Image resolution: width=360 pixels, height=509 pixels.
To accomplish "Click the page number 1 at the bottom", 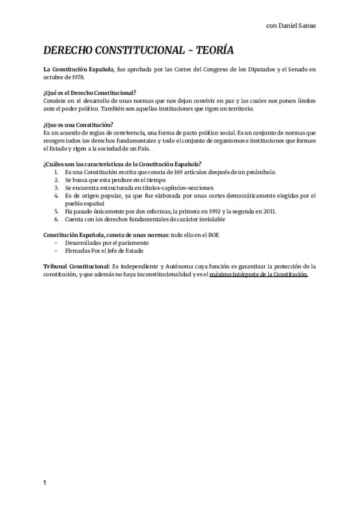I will pyautogui.click(x=45, y=483).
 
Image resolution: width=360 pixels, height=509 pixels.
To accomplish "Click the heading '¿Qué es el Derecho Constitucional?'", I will pyautogui.click(x=90, y=92).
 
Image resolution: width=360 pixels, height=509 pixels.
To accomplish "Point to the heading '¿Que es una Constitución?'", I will pyautogui.click(x=79, y=124).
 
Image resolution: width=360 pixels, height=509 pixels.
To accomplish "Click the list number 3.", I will pyautogui.click(x=56, y=187).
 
